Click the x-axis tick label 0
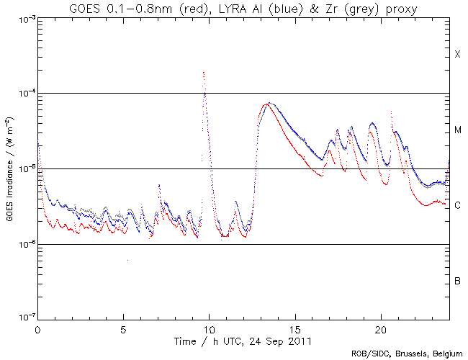coord(37,328)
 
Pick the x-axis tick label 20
coord(381,328)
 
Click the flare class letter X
coord(457,55)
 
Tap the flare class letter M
coord(457,130)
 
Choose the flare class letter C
coord(457,206)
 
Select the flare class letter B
coord(457,280)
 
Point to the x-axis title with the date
coord(243,339)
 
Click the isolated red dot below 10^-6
coord(127,260)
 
